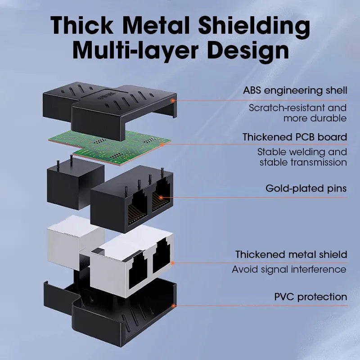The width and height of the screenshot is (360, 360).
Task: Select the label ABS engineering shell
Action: [295, 90]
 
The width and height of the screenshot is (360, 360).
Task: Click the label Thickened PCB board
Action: [295, 137]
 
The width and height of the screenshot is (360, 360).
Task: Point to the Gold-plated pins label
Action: [306, 189]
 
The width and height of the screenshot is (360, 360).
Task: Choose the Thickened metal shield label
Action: [291, 254]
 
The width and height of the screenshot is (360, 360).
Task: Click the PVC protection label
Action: [310, 297]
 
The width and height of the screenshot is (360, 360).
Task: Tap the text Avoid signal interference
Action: [289, 270]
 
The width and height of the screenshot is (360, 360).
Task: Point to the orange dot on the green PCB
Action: [162, 144]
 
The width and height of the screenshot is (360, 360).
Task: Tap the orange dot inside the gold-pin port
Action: [161, 198]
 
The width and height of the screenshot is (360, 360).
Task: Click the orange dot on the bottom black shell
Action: [174, 306]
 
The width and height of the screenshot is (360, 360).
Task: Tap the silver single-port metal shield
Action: [76, 242]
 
